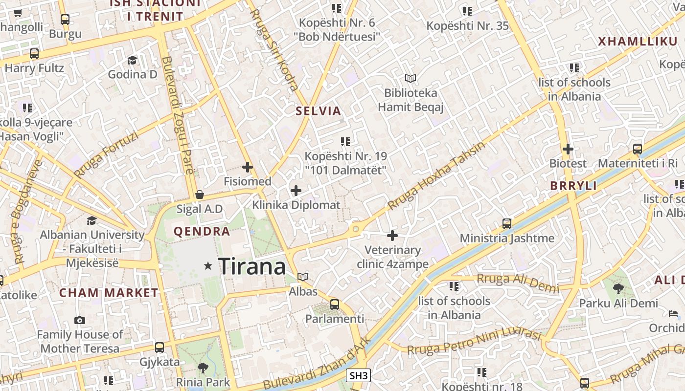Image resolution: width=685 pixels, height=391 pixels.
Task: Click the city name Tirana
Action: click(x=252, y=267)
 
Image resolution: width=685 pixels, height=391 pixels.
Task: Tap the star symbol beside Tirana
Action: click(x=208, y=266)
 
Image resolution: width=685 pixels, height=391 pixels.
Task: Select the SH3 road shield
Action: click(x=358, y=375)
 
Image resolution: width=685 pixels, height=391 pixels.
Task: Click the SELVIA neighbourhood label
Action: click(x=318, y=111)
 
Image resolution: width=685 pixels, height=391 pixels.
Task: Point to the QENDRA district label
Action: click(x=202, y=232)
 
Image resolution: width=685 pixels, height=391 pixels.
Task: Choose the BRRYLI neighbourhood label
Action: click(x=573, y=186)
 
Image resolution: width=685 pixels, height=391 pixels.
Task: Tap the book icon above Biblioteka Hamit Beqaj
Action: click(x=410, y=78)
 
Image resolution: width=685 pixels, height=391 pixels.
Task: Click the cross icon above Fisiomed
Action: click(x=248, y=167)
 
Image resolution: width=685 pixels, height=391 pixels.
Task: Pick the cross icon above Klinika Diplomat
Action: click(x=296, y=191)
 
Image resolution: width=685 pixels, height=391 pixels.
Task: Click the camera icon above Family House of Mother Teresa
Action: click(x=80, y=321)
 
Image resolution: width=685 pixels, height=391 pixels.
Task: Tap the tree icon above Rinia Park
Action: click(x=203, y=368)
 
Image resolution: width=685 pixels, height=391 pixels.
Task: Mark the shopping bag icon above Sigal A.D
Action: click(x=200, y=195)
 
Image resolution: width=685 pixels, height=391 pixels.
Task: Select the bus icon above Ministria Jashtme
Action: click(x=507, y=224)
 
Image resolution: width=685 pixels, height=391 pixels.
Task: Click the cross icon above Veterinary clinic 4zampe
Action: click(x=392, y=236)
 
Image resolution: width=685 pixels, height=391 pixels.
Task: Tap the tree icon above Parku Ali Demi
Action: click(x=618, y=289)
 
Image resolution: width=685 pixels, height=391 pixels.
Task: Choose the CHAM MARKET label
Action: click(x=109, y=293)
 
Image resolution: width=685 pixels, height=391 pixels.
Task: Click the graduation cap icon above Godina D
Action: click(x=132, y=60)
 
